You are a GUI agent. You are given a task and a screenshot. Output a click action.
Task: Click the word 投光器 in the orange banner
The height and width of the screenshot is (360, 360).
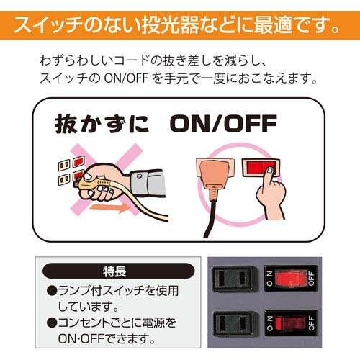coord(171,25)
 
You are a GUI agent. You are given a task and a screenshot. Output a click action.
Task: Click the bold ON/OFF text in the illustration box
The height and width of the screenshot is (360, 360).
coord(223,124)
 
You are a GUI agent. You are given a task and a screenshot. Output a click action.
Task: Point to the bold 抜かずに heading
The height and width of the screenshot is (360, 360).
coord(102,124)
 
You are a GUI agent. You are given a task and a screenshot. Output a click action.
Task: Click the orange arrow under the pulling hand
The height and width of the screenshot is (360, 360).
coord(110,207)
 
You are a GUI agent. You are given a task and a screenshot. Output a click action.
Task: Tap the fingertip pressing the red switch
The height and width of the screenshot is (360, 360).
coord(270,171)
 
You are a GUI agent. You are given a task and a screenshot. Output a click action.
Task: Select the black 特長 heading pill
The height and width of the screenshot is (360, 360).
coord(118,271)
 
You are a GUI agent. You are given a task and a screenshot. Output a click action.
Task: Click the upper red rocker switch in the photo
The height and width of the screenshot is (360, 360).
coord(290,279)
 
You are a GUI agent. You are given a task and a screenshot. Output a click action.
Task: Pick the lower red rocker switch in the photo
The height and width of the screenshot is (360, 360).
coord(290,323)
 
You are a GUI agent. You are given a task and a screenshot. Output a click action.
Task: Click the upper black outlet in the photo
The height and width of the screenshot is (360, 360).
coord(235,279)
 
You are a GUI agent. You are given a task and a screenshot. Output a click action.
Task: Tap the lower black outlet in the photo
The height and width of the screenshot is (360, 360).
coord(235,323)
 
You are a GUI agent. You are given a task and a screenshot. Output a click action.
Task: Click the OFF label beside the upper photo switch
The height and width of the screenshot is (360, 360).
coord(311,279)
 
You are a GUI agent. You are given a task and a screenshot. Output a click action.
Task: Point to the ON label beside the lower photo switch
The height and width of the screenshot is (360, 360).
coord(269,323)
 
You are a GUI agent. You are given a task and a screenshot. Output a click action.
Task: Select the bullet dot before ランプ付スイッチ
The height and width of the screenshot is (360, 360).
coord(52,291)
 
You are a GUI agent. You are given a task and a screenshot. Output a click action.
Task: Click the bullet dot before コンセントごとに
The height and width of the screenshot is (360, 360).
coord(52,323)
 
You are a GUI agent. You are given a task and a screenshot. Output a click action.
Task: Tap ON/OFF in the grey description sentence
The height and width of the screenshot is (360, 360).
coord(126,78)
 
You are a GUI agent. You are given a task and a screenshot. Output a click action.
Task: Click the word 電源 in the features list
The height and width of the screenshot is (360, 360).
coord(150,323)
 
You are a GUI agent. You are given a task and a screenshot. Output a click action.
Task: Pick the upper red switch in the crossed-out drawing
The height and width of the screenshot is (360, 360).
coord(78,161)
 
